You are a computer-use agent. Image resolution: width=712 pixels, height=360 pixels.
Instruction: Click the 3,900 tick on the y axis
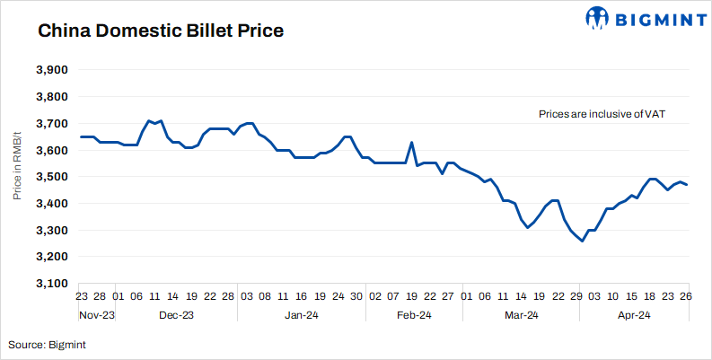(51, 70)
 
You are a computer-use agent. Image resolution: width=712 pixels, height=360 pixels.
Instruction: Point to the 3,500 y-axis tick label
(51, 177)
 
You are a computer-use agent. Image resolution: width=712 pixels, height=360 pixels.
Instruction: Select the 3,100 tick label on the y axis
(51, 284)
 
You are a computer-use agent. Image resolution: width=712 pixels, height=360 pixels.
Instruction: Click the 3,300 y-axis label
(51, 231)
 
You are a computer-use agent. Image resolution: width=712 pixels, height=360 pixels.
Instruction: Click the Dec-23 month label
(176, 315)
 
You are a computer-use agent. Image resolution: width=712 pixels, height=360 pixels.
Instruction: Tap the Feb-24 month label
(414, 315)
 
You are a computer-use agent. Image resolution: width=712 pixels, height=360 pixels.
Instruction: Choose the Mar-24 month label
(521, 315)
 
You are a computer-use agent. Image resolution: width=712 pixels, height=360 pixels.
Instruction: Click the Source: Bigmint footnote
(48, 344)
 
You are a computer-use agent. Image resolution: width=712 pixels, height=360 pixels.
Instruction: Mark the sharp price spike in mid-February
(411, 142)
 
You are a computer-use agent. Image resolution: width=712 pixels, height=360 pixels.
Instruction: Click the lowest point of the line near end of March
(582, 241)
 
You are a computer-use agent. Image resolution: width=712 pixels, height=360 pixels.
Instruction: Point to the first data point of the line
(81, 136)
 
